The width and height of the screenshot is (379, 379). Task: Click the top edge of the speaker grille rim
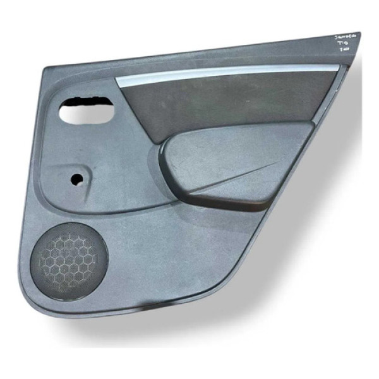pyautogui.click(x=69, y=229)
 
